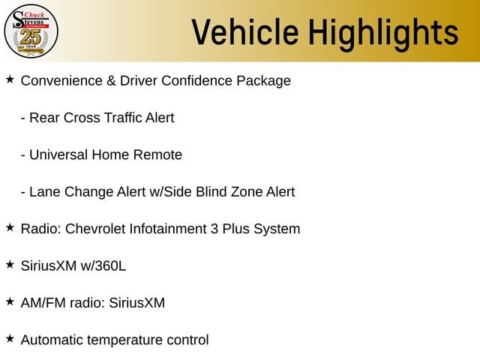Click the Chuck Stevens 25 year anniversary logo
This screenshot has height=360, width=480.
[31, 31]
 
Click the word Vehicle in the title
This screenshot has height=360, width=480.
[245, 32]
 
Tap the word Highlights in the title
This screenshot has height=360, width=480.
[383, 34]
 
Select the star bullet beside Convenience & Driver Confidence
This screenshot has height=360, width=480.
[10, 79]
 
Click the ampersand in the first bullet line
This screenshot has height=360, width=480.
[111, 81]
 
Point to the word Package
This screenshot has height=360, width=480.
[263, 82]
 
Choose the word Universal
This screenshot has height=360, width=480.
[58, 155]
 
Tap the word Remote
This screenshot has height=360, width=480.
[157, 155]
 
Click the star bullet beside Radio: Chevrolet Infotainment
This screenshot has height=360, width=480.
[10, 228]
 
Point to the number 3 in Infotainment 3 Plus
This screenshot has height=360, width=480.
[214, 229]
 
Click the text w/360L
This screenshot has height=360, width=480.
[103, 266]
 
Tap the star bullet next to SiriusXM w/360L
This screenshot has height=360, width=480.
[10, 265]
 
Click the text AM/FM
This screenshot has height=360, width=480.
[43, 303]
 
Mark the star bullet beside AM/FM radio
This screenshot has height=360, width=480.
[10, 301]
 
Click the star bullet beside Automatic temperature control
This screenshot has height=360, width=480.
[10, 339]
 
